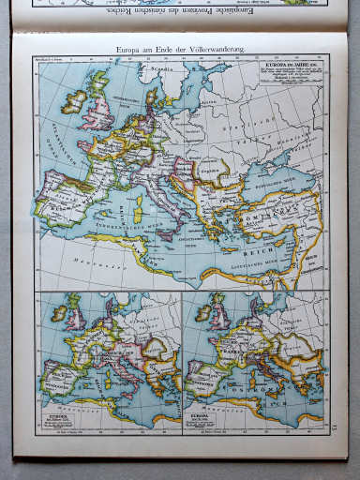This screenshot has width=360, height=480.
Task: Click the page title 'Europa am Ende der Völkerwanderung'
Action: pos(179,50)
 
